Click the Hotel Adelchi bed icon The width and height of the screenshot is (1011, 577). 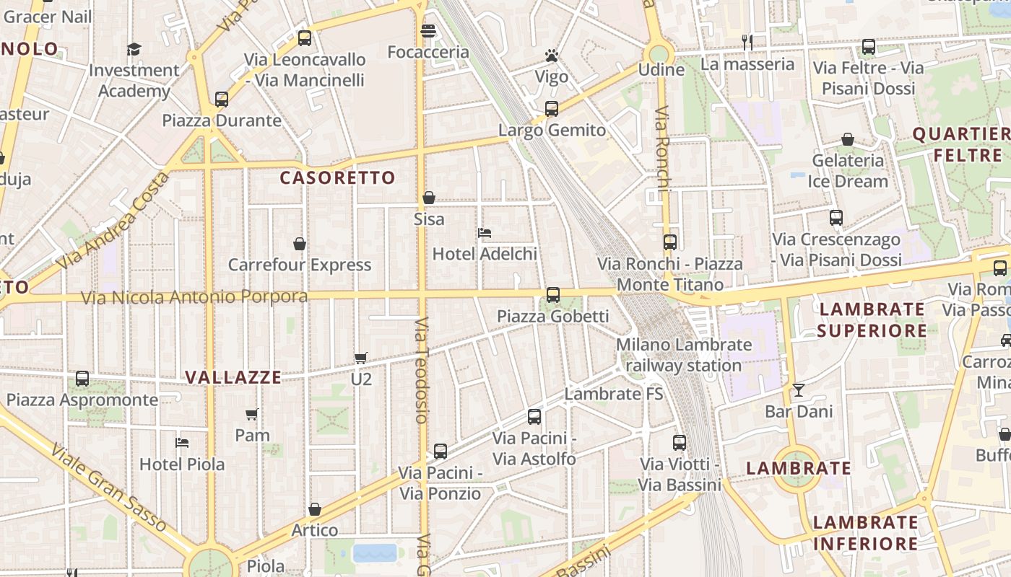pos(485,233)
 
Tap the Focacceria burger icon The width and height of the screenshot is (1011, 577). pos(428,31)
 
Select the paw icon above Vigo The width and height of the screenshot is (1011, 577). pos(552,56)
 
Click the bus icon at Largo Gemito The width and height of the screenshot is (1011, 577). pos(552,109)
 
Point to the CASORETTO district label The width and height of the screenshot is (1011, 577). pos(337,178)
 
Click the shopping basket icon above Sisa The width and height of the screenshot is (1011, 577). pos(429,198)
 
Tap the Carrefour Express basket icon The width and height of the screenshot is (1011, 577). pos(300,244)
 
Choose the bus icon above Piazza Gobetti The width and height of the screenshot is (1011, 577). pos(553,295)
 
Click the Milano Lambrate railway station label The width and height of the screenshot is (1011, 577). pos(683,355)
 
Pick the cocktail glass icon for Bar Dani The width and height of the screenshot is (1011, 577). pos(799,390)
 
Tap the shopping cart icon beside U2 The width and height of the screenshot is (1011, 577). pos(361,358)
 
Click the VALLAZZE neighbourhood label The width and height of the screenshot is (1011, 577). pos(233,377)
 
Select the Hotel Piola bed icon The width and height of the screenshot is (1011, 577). pos(182,442)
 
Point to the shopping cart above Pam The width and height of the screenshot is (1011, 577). pos(252,414)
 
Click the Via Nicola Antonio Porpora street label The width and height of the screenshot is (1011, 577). pos(194,297)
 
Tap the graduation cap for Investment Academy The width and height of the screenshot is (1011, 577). pos(134,49)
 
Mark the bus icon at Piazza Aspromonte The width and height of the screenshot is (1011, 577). pos(82,379)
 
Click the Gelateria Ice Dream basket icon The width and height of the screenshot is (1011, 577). pos(848,139)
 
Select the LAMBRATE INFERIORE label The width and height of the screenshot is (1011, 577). pos(865,533)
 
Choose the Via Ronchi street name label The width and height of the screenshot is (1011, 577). pos(663,155)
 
